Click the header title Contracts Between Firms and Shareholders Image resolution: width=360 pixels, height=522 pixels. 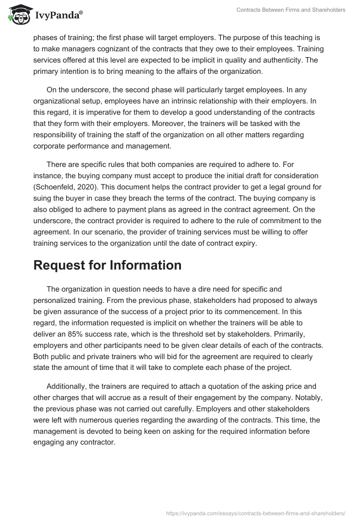point(291,10)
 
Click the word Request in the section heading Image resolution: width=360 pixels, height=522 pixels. point(60,265)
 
